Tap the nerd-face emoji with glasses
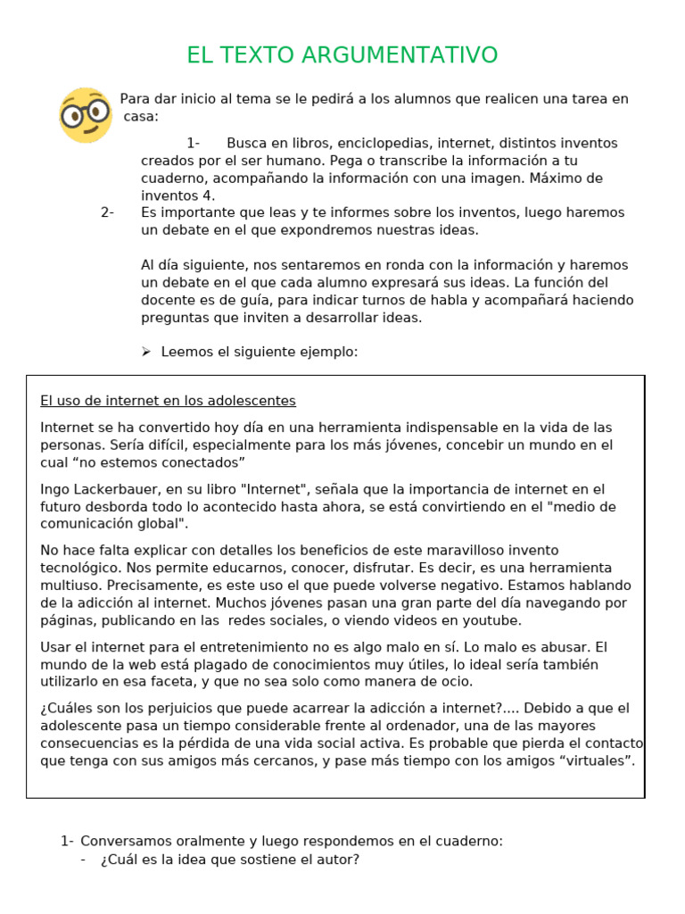click(86, 115)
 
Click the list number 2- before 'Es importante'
click(108, 212)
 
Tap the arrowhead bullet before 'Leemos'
click(146, 352)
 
